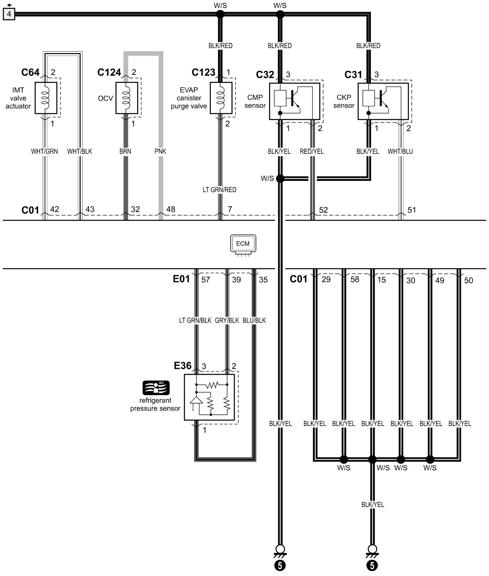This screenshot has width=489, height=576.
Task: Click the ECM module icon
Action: click(243, 244)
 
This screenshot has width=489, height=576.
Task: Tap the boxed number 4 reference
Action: click(9, 15)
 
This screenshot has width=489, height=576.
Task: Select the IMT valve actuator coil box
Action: click(46, 98)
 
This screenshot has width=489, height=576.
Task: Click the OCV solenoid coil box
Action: click(127, 98)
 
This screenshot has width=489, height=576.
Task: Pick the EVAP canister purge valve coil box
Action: click(221, 98)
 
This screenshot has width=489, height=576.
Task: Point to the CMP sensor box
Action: click(294, 101)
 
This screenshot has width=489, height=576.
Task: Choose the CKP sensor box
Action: click(383, 101)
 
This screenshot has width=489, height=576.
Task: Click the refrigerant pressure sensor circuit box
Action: click(209, 397)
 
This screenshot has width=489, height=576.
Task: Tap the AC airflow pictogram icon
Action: click(156, 387)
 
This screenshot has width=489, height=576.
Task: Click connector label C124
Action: click(109, 73)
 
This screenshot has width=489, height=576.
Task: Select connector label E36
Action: click(183, 366)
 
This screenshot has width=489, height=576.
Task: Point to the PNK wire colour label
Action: click(160, 151)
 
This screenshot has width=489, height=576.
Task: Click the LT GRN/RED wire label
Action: click(220, 190)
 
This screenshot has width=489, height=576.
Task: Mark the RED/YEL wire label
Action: click(312, 151)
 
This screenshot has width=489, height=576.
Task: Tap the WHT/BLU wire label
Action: click(400, 151)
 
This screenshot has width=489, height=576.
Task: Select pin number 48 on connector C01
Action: click(171, 209)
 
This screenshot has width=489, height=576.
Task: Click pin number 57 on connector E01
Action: click(206, 280)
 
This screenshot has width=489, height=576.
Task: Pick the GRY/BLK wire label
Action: click(227, 321)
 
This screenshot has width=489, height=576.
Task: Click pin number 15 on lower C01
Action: click(381, 280)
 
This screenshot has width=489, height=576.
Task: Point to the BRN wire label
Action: click(125, 151)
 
